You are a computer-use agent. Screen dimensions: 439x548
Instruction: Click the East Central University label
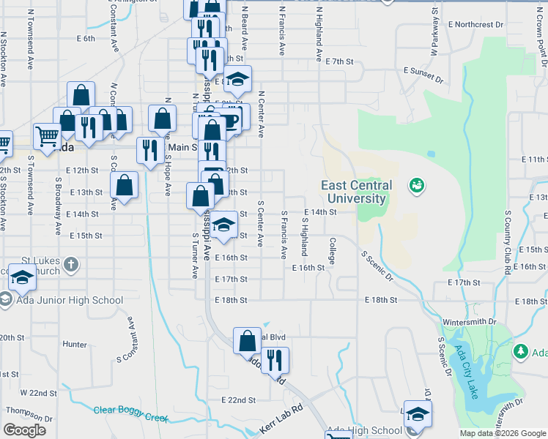click(355, 192)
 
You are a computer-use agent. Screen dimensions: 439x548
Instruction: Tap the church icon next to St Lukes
click(70, 263)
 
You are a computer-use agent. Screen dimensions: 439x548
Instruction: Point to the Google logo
click(25, 430)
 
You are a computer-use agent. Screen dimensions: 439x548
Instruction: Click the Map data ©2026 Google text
click(502, 433)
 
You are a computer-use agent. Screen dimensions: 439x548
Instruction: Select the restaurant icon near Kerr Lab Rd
click(275, 359)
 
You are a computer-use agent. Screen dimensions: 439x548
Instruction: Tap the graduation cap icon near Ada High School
click(418, 413)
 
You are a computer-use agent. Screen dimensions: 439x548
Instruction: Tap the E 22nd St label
click(239, 400)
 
